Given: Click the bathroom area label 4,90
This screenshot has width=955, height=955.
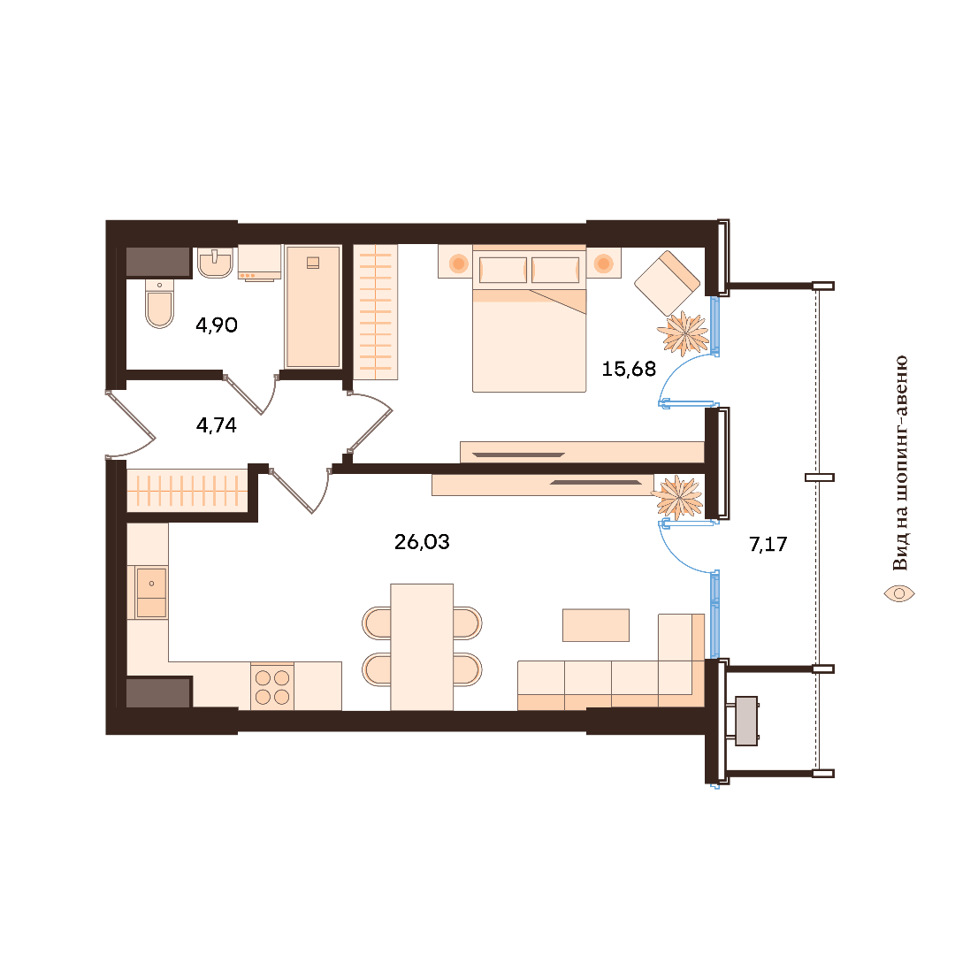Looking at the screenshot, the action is click(217, 325).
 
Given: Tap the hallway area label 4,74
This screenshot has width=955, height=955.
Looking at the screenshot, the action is click(217, 425).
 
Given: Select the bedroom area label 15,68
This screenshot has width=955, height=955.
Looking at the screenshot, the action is click(629, 369).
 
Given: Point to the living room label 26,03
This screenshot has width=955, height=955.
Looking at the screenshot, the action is click(422, 541).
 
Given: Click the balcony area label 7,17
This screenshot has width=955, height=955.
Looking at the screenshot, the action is click(768, 544).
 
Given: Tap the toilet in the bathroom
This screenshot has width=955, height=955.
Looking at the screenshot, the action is click(159, 303).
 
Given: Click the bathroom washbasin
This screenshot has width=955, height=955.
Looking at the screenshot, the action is click(215, 263).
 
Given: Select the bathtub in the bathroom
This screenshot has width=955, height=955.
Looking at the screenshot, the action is click(313, 306).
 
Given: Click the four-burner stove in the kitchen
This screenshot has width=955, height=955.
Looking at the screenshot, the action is click(272, 687).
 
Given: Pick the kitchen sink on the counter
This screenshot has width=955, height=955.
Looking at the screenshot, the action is click(151, 592).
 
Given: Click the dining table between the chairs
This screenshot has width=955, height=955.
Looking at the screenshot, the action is click(422, 646).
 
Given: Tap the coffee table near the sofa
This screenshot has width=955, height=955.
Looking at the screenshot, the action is click(596, 625).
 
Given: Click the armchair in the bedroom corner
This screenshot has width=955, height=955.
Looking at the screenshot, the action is click(667, 283).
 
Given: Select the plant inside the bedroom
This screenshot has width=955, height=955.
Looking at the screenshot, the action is click(684, 333).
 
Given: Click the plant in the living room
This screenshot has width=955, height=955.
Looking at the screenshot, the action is click(677, 497).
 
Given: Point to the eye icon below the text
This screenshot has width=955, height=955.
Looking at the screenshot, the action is click(899, 593).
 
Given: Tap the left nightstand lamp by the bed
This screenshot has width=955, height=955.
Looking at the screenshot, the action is click(459, 264).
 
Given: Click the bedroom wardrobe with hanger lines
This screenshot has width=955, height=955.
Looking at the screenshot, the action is click(375, 312).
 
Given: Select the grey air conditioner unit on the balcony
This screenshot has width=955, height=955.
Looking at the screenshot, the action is click(746, 722).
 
